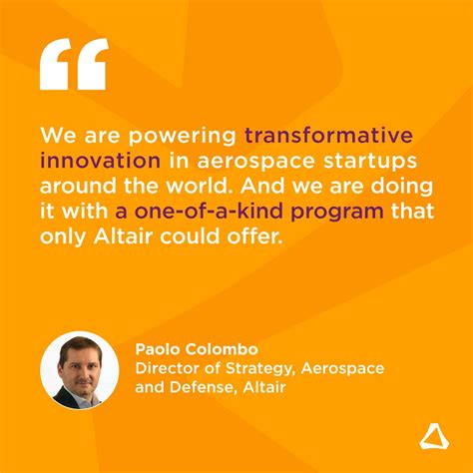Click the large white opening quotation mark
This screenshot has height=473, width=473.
click(73, 66)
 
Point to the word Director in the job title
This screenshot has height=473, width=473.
click(167, 369)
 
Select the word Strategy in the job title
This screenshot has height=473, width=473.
click(253, 369)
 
